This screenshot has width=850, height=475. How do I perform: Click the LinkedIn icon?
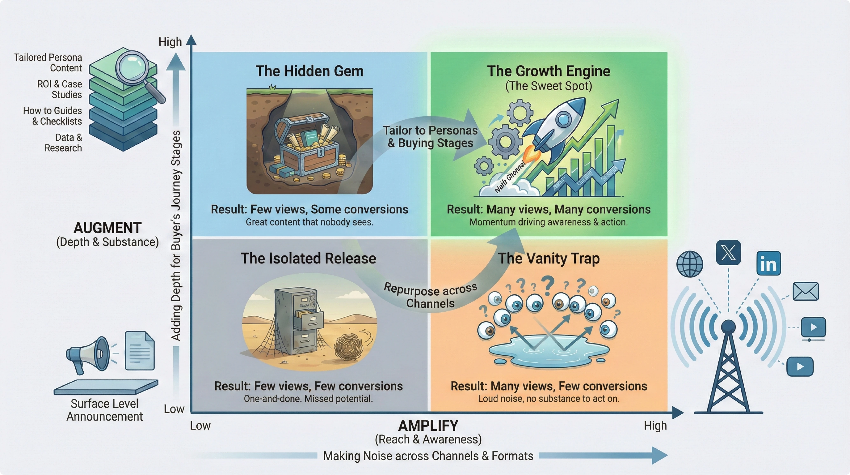[768, 263]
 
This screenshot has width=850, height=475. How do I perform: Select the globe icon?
[690, 264]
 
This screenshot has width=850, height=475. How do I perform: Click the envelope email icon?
[806, 291]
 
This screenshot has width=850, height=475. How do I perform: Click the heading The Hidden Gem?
[309, 71]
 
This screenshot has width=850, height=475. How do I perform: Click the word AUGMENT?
[107, 228]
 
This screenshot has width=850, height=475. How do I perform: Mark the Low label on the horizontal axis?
[200, 426]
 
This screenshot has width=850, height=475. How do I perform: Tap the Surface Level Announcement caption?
[105, 410]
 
